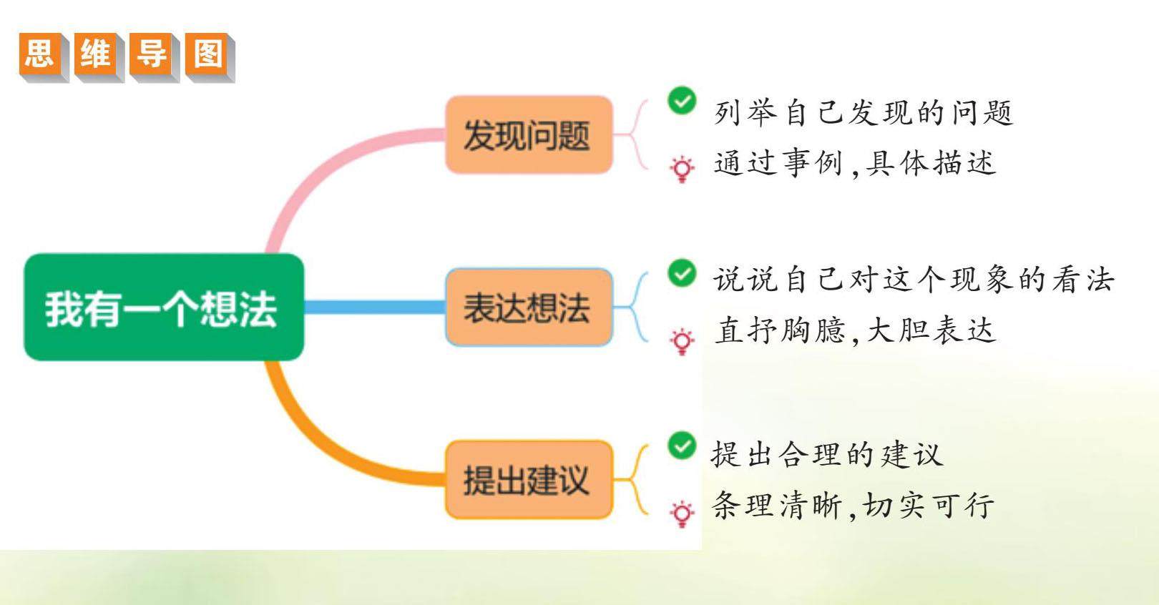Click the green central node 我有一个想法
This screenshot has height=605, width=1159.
(164, 307)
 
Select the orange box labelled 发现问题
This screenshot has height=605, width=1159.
(528, 134)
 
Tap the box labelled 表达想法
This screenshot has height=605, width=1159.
(528, 308)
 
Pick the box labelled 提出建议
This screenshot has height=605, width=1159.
(528, 479)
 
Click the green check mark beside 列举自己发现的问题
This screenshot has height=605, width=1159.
(682, 101)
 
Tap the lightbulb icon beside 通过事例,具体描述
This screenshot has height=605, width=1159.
(682, 169)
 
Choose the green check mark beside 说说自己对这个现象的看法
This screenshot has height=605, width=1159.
(682, 272)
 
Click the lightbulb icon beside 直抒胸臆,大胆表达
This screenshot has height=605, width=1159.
(682, 341)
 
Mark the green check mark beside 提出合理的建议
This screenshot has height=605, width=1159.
(682, 446)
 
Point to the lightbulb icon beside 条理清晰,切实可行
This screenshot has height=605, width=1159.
(682, 513)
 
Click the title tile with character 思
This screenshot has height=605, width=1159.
(40, 54)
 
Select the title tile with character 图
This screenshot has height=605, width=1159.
(207, 54)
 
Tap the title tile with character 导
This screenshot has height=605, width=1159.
(152, 54)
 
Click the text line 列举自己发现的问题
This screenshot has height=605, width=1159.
(863, 113)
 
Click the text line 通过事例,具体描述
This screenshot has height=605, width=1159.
(855, 164)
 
